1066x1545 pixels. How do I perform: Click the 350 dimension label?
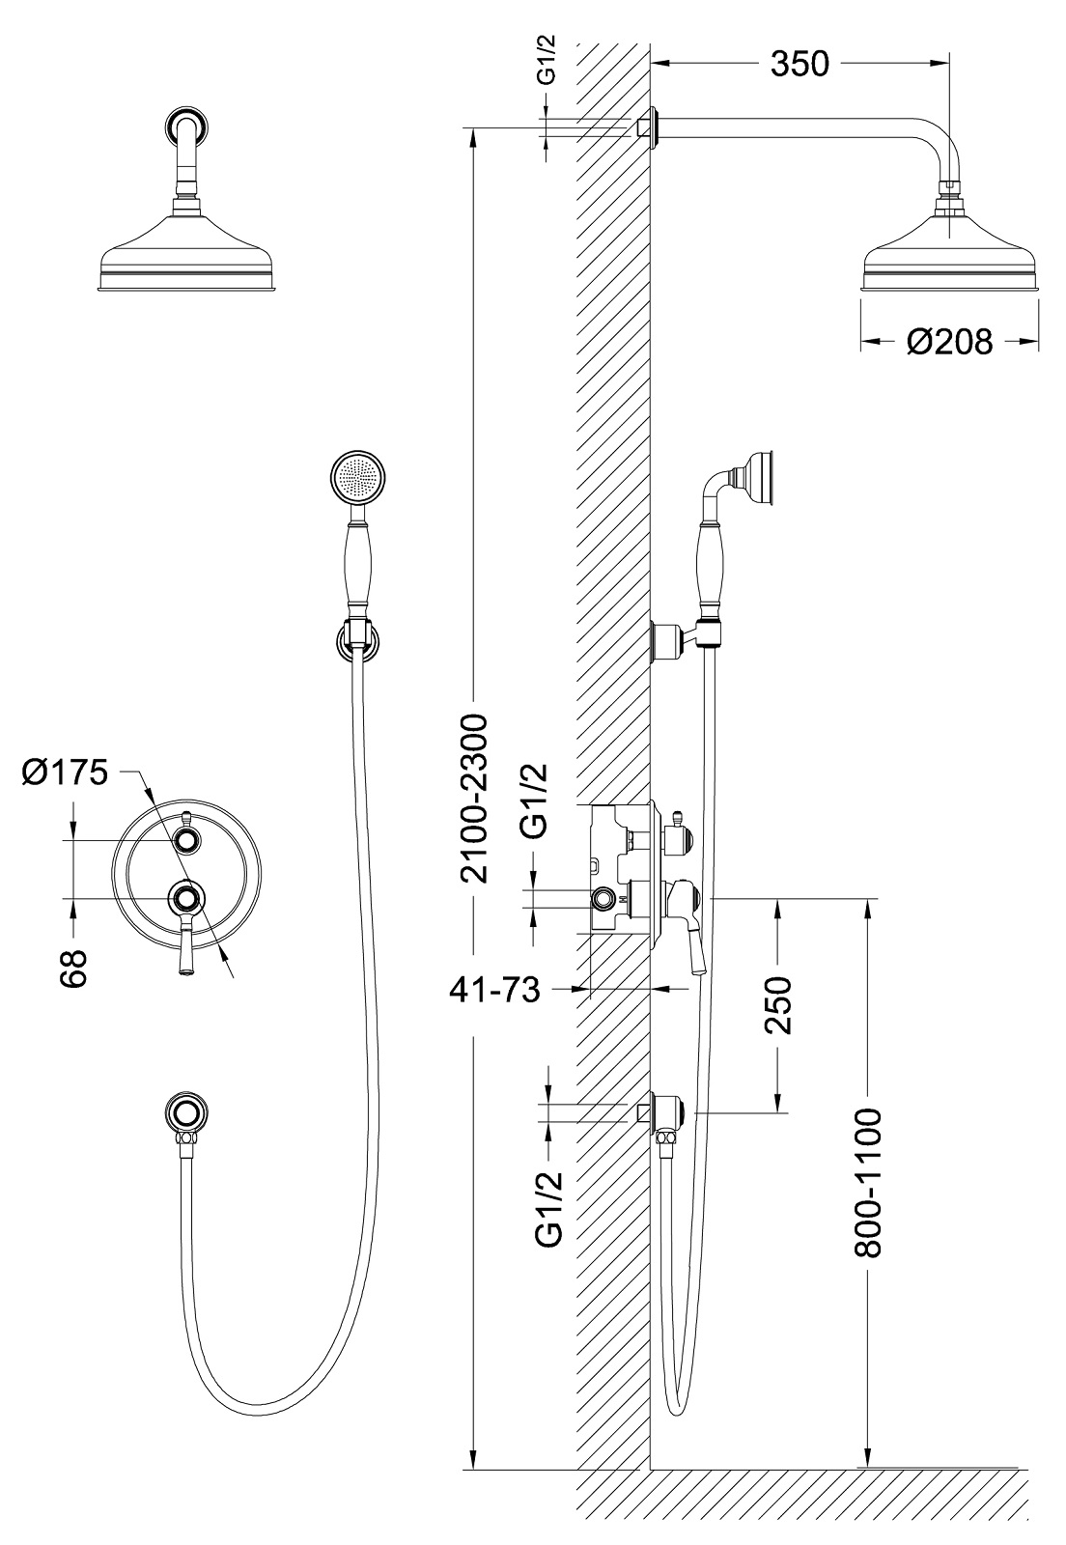point(799,64)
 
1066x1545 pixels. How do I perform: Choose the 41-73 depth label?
point(494,991)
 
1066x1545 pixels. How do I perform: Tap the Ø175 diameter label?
point(65,772)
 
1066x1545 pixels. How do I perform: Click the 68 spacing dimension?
point(74,969)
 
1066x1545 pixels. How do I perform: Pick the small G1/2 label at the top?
point(547,63)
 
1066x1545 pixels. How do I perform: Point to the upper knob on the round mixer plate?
point(186,839)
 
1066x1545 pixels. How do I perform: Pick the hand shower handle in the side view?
point(711,566)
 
